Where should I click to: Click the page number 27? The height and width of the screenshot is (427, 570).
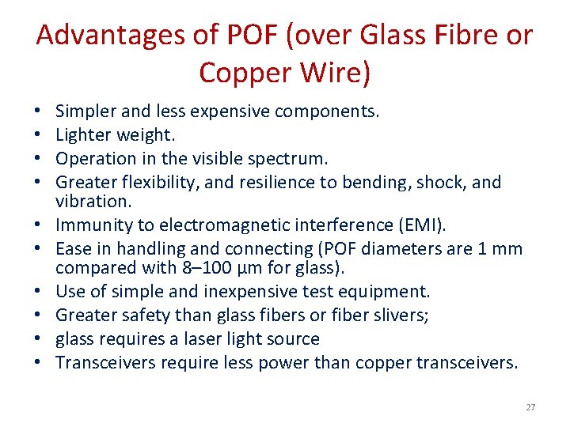[x=530, y=407]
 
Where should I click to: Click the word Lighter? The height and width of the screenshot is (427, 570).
[x=83, y=135]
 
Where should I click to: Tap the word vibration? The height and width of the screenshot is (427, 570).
[x=90, y=202]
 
